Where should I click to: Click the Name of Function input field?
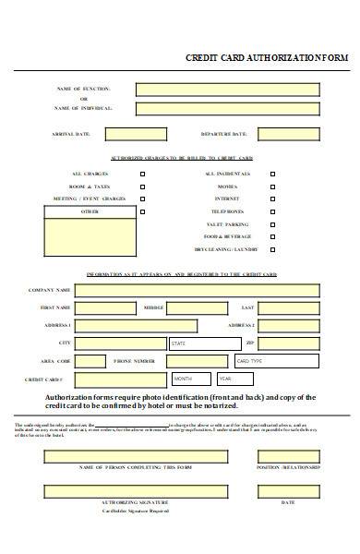coord(227,90)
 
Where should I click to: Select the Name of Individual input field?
coord(227,109)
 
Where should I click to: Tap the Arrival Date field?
coord(136,135)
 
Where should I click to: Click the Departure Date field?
coord(288,135)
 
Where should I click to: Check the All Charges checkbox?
coord(142,174)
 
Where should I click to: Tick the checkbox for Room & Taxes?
coord(142,187)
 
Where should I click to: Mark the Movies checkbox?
coord(272,187)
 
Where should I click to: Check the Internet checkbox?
coord(272,199)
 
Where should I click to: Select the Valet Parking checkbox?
coord(272,224)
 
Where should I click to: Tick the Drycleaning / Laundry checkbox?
coord(272,249)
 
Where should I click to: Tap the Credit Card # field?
coord(119,379)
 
